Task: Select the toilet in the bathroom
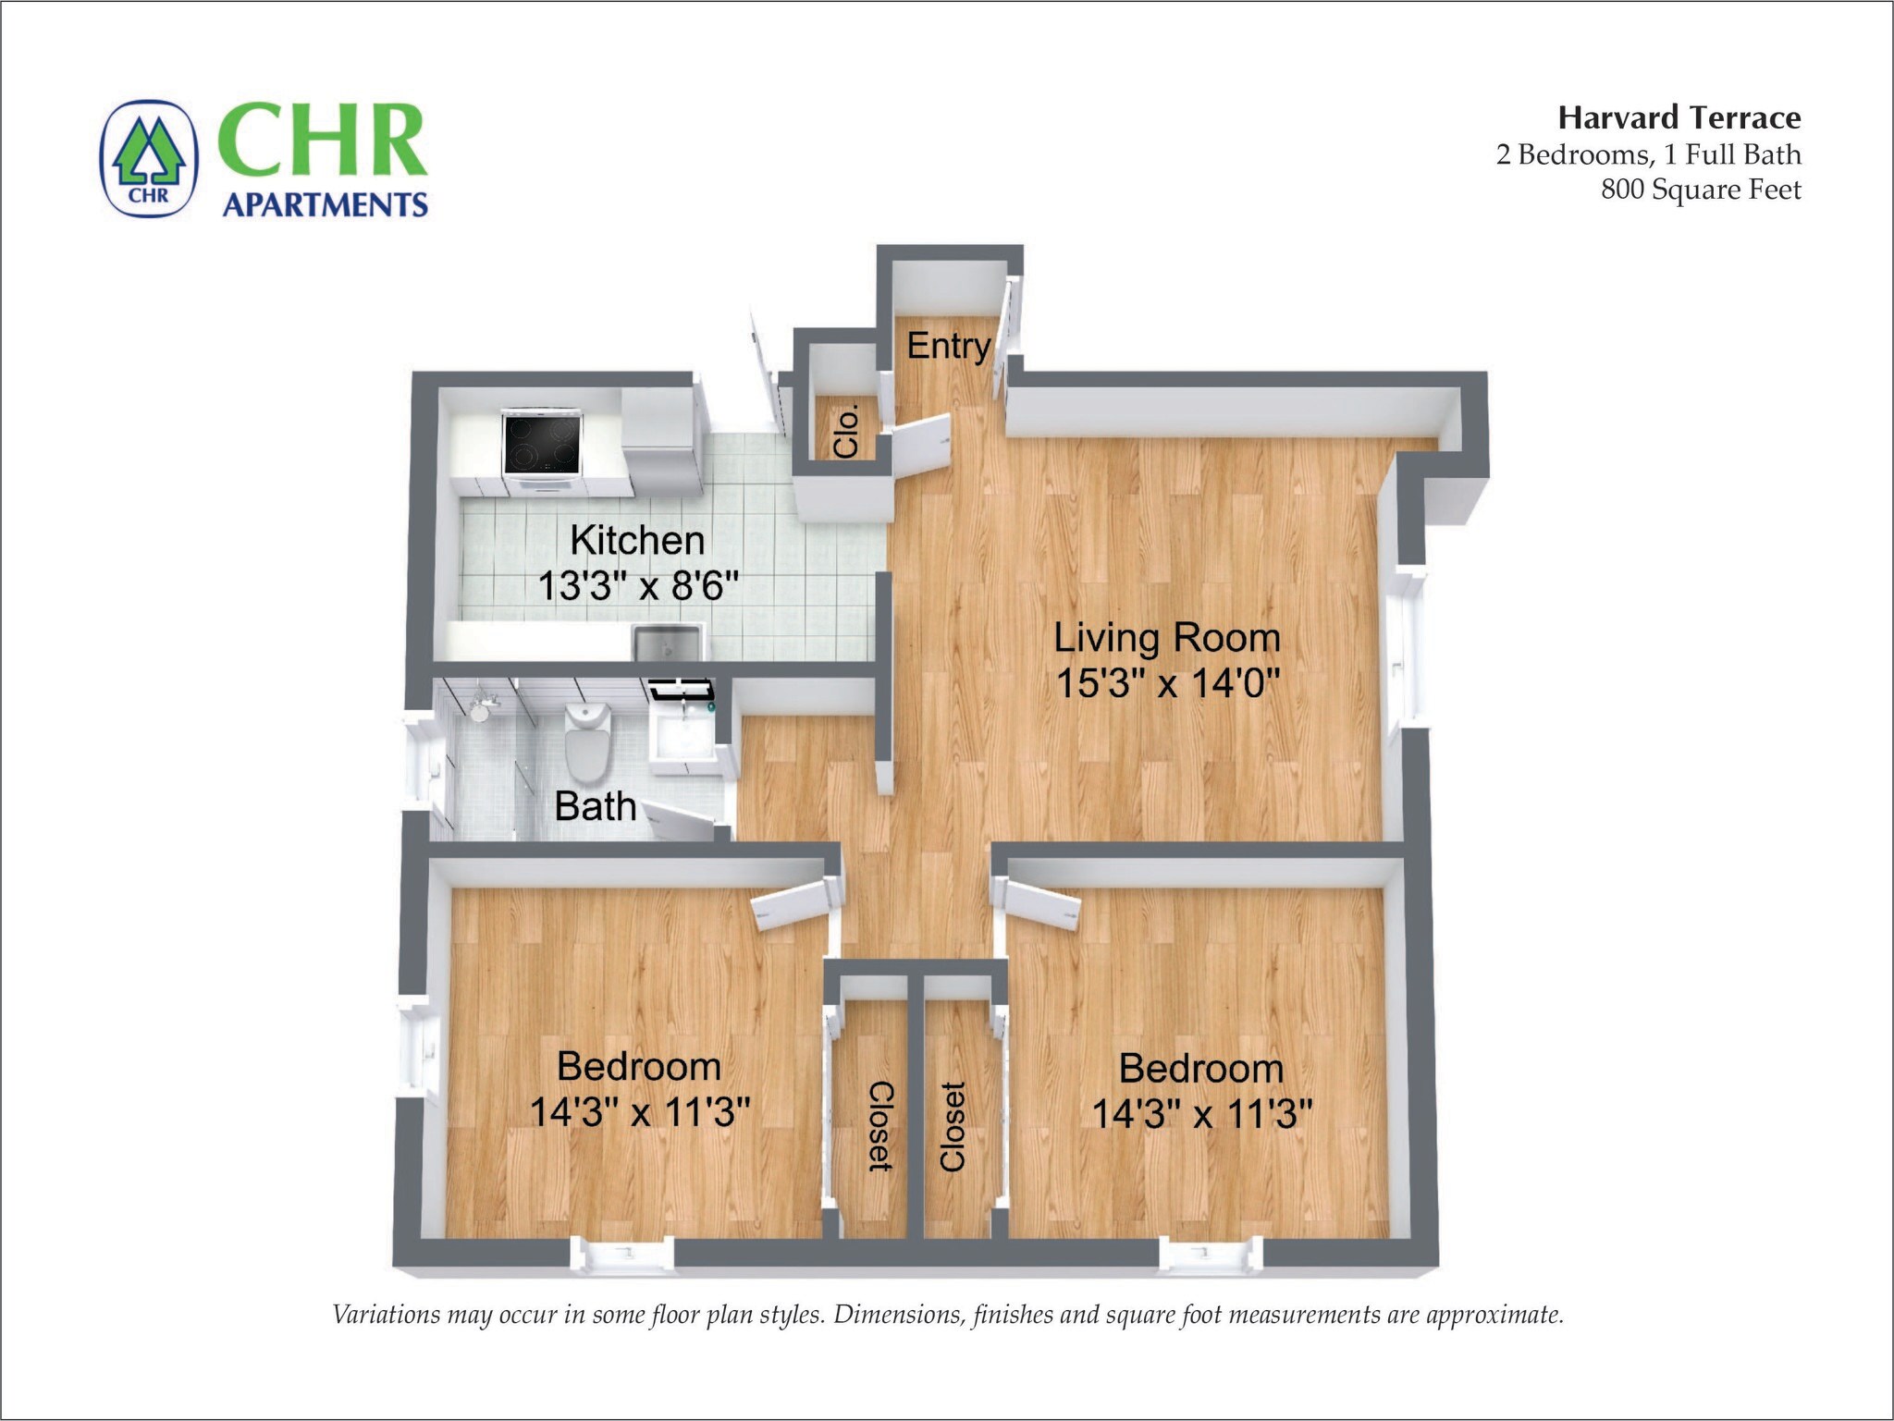(x=587, y=740)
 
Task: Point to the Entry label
(x=948, y=346)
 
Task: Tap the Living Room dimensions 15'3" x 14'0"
(x=1167, y=684)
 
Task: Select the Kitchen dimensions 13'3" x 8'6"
(x=638, y=585)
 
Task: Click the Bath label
(x=595, y=806)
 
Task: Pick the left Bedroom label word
(x=638, y=1066)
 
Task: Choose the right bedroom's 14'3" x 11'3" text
(x=1201, y=1113)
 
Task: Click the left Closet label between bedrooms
(x=880, y=1125)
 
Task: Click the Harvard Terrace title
(x=1679, y=117)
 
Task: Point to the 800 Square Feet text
(x=1701, y=190)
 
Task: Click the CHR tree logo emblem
(x=149, y=159)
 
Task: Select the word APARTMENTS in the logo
(x=325, y=204)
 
